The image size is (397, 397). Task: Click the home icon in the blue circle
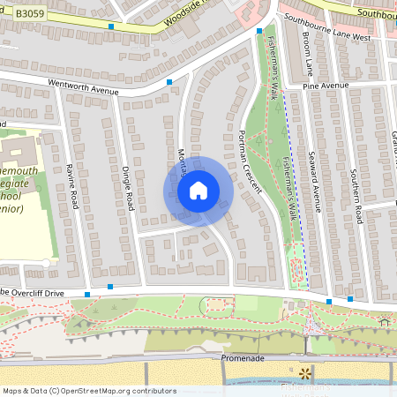tap(198, 190)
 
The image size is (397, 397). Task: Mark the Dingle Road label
tap(128, 188)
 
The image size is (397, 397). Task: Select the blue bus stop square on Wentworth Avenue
tap(169, 82)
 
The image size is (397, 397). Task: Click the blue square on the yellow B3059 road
tap(111, 27)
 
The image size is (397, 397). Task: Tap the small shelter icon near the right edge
tap(383, 321)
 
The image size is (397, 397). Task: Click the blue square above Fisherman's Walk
tap(258, 31)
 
